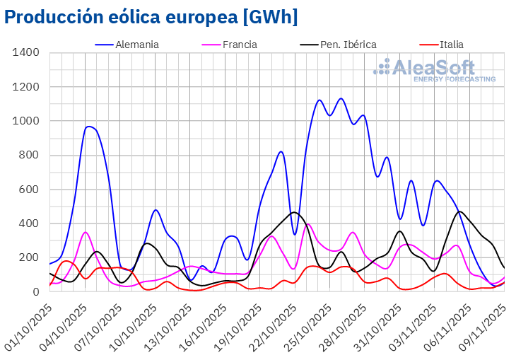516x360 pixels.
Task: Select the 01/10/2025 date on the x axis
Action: pos(28,322)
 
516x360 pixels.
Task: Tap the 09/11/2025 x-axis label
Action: pos(484,322)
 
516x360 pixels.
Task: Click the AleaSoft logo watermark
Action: pos(434,71)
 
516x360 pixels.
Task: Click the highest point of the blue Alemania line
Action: pos(341,98)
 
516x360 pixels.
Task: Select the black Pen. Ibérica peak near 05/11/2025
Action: pos(460,211)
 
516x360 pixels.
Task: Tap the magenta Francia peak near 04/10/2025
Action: pos(85,232)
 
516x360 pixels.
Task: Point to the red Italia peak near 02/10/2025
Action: pos(66,261)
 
